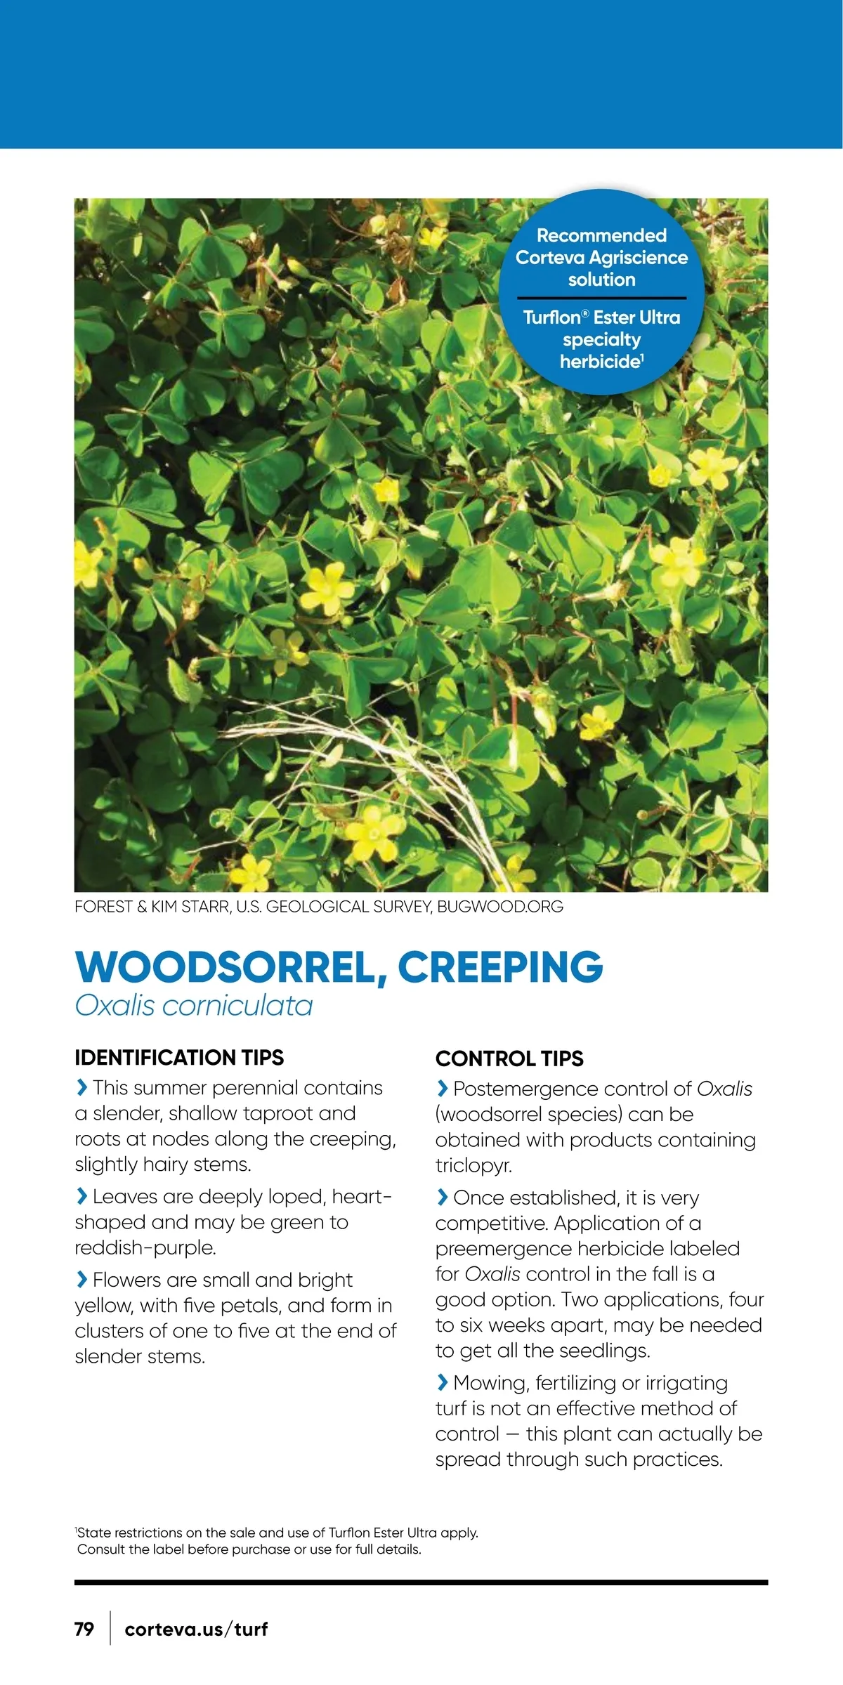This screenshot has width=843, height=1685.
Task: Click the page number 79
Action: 84,1628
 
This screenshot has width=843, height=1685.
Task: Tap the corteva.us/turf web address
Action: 196,1628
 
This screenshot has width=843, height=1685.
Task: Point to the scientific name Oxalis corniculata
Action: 194,1005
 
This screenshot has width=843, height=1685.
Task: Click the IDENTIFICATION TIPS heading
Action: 179,1057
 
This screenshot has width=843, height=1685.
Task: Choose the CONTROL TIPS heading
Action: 509,1058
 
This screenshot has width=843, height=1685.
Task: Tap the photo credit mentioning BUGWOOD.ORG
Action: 319,906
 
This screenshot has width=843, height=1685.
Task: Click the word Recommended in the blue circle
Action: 601,235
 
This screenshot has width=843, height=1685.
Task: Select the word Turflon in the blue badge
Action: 552,317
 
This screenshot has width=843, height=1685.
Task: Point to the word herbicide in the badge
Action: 600,362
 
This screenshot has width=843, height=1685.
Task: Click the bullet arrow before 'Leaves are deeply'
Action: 81,1195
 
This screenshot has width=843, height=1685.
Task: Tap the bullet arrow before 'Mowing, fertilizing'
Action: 442,1382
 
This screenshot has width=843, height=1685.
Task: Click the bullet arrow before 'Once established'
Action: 442,1197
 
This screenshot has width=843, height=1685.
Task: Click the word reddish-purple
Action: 145,1247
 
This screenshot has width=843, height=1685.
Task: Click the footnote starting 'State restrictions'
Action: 277,1533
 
